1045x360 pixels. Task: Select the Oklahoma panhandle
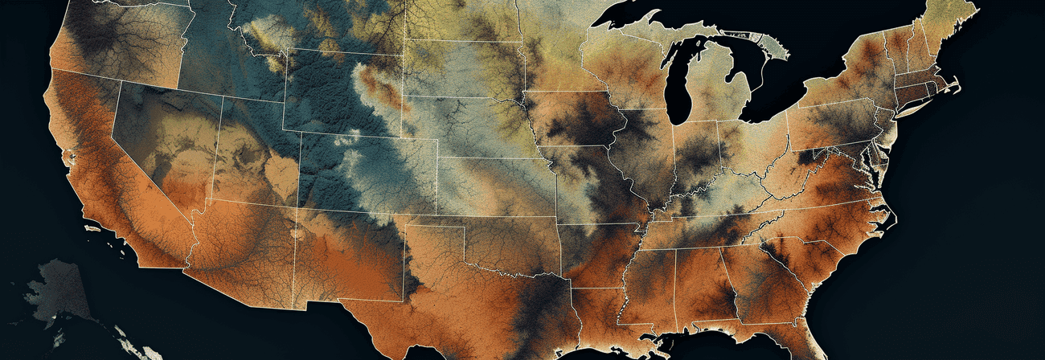pos(434,221)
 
